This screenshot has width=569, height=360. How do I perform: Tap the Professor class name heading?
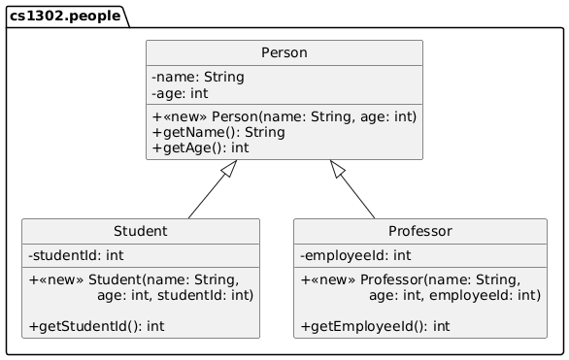[x=420, y=232]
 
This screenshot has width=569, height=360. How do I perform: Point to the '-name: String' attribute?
[x=198, y=77]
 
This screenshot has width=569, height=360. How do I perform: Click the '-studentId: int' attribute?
[x=77, y=256]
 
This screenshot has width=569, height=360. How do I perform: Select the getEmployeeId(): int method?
[x=376, y=326]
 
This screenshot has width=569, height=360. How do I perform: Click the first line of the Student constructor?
[x=134, y=279]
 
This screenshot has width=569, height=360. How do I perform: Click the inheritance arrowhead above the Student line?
[x=228, y=170]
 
